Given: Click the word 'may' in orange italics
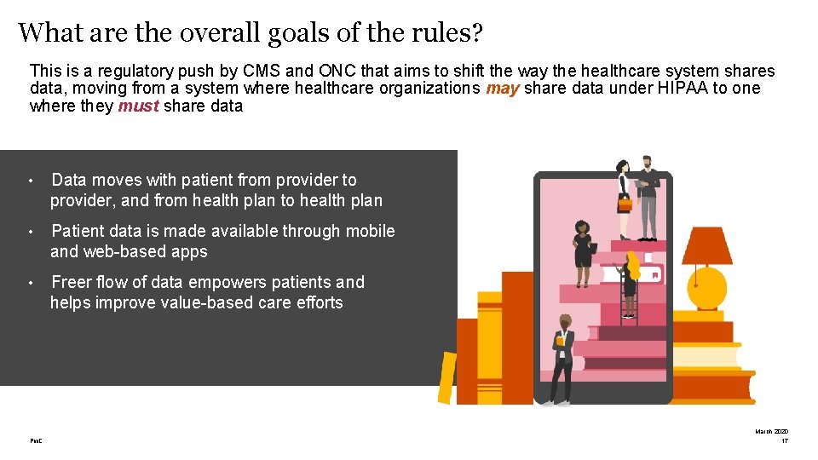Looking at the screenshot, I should coord(503,89).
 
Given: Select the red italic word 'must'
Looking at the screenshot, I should coord(138,106).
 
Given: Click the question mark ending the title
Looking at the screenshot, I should coord(477,33).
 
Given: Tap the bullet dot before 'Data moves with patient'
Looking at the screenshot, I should coord(30,181).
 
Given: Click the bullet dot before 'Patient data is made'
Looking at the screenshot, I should coord(30,232).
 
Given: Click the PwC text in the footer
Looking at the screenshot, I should coord(36,440).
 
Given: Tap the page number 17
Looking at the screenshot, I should coord(785,440).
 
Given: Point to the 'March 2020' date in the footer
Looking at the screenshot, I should coord(772,431).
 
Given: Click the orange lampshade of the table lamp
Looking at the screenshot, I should coord(706,246).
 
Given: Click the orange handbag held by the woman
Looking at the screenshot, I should coord(625,204).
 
